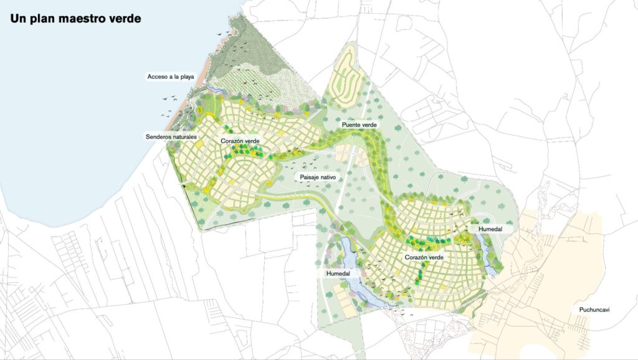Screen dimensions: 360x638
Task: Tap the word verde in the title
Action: (x=125, y=19)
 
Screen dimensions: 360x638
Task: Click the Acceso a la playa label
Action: (x=171, y=77)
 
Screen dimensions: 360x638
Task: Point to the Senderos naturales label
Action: (x=171, y=136)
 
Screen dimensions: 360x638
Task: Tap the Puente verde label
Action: (x=358, y=125)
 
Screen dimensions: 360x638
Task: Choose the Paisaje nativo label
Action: (x=318, y=177)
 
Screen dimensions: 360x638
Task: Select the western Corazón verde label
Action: (x=240, y=141)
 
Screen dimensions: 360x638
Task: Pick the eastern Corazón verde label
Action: (x=424, y=257)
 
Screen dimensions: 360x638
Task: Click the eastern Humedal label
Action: (x=490, y=229)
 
